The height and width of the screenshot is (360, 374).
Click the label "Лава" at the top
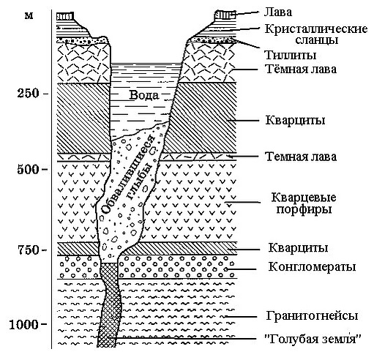pyautogui.click(x=277, y=12)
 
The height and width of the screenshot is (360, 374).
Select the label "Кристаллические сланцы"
pyautogui.click(x=316, y=34)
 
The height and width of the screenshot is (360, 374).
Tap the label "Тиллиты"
pyautogui.click(x=291, y=55)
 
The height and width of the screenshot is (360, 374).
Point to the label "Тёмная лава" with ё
pyautogui.click(x=301, y=69)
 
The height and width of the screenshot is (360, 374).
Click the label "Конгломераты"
pyautogui.click(x=312, y=267)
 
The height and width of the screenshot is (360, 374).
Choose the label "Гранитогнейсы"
pyautogui.click(x=312, y=316)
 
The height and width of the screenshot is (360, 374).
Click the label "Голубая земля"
pyautogui.click(x=313, y=339)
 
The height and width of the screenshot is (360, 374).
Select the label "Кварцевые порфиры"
pyautogui.click(x=304, y=203)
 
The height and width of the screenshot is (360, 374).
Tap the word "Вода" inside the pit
pyautogui.click(x=144, y=95)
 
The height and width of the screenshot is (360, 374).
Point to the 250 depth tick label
pyautogui.click(x=28, y=94)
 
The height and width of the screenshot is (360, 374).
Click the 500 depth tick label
pyautogui.click(x=28, y=169)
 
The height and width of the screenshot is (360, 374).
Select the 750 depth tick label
pyautogui.click(x=28, y=250)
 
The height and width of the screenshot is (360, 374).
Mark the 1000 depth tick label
pyautogui.click(x=24, y=325)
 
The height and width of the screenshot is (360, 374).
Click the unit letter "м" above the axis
pyautogui.click(x=29, y=16)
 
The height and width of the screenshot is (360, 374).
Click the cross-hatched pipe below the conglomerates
pyautogui.click(x=110, y=305)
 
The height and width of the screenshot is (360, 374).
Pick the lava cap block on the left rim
pyautogui.click(x=65, y=16)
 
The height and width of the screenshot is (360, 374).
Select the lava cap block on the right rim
pyautogui.click(x=225, y=15)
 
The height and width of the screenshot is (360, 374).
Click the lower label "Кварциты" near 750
pyautogui.click(x=298, y=248)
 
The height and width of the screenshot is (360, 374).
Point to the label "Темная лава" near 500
pyautogui.click(x=302, y=157)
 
